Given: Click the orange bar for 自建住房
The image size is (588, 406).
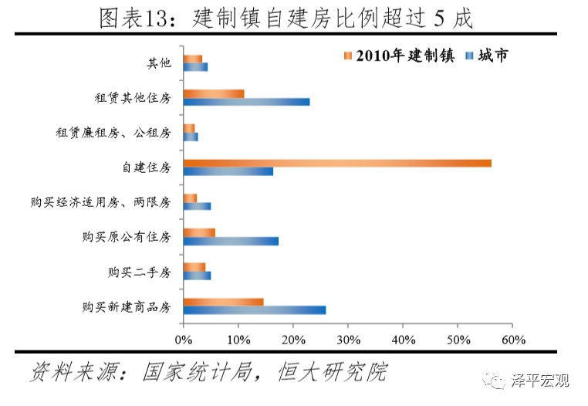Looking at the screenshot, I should pos(337,163).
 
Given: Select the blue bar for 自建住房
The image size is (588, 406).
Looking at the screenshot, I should pos(228,171).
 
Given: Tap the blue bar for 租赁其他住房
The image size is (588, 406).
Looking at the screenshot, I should pos(247,101).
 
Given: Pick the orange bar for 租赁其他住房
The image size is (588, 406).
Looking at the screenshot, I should pos(214,93).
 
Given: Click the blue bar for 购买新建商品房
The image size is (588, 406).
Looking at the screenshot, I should pos(255,310).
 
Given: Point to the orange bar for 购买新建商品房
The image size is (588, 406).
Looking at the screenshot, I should pos(224,302).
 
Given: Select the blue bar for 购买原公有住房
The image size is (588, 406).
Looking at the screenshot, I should pos(231,241).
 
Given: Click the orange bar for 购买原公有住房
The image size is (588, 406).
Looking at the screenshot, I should pos(199,232).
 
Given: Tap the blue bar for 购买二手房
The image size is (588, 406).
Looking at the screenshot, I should pos(197,276).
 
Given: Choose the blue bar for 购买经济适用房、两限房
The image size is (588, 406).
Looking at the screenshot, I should pos(197,206).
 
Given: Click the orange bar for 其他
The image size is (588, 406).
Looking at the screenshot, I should pos(193,59).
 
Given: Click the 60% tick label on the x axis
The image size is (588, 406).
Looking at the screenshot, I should pos(513,340).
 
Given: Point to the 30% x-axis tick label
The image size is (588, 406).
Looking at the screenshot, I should pos(348,340).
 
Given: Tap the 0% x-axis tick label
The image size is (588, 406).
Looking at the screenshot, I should pos(184,340).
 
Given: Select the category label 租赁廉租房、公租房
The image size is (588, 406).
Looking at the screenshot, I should pos(113,133).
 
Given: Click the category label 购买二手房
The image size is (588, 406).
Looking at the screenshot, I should pos(139,272).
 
